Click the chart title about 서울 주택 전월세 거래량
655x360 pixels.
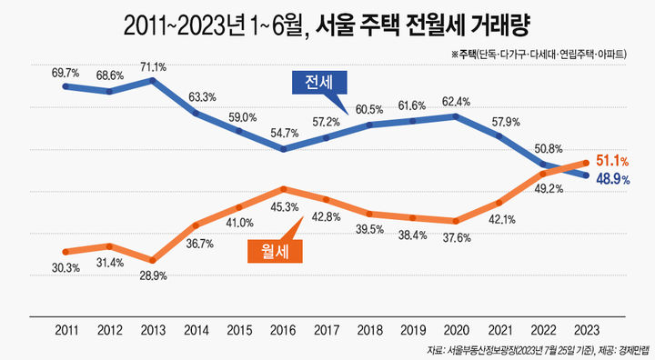coord(327,25)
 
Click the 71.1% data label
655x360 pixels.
coord(153,66)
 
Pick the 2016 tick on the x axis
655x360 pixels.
coord(284,328)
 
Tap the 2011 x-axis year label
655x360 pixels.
coord(65,328)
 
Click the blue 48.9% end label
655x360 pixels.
coord(614,179)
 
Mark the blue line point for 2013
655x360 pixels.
coord(153,80)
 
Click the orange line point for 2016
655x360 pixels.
coord(284,189)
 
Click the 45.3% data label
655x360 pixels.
coord(284,205)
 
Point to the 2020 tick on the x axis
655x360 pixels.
coord(456,328)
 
